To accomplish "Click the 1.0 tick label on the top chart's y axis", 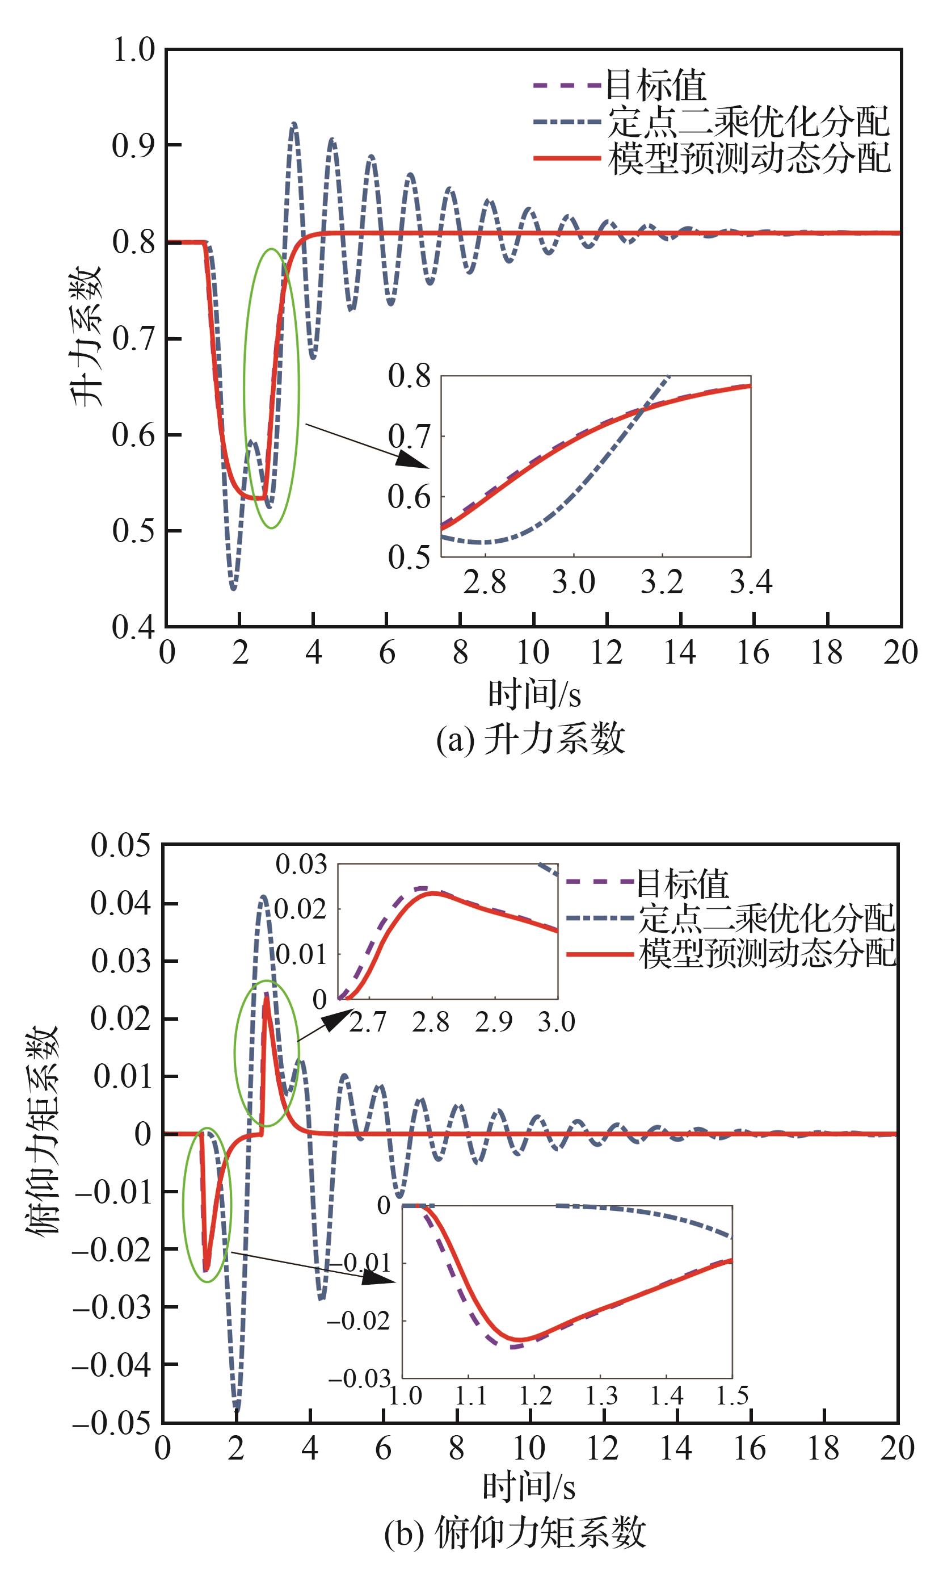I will coord(133,49).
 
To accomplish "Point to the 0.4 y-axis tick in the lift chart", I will coord(133,627).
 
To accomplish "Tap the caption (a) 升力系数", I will coord(530,739).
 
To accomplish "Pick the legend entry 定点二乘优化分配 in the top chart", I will coord(748,121).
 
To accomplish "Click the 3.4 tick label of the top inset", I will coord(751,582).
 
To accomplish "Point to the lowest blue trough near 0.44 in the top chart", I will coord(234,588).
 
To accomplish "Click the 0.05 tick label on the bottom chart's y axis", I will coord(121,845).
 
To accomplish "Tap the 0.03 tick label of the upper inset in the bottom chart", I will coord(301,865).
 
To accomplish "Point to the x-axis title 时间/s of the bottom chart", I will coord(529,1487).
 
